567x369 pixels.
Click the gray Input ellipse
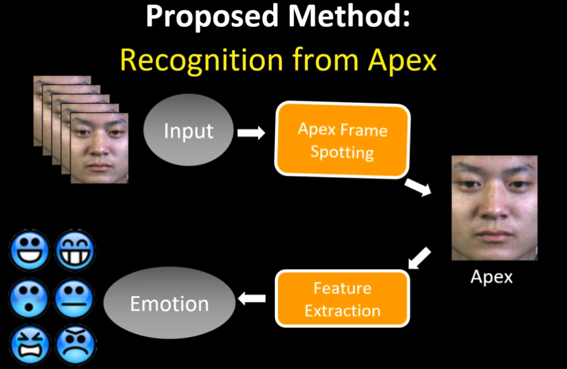[188, 131]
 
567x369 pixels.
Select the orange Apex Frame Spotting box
[342, 140]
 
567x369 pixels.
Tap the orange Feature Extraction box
[342, 299]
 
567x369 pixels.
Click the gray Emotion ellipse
[169, 304]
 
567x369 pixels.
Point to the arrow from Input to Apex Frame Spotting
[251, 133]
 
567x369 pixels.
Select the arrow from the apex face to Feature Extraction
[419, 258]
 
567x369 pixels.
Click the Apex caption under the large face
[492, 276]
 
